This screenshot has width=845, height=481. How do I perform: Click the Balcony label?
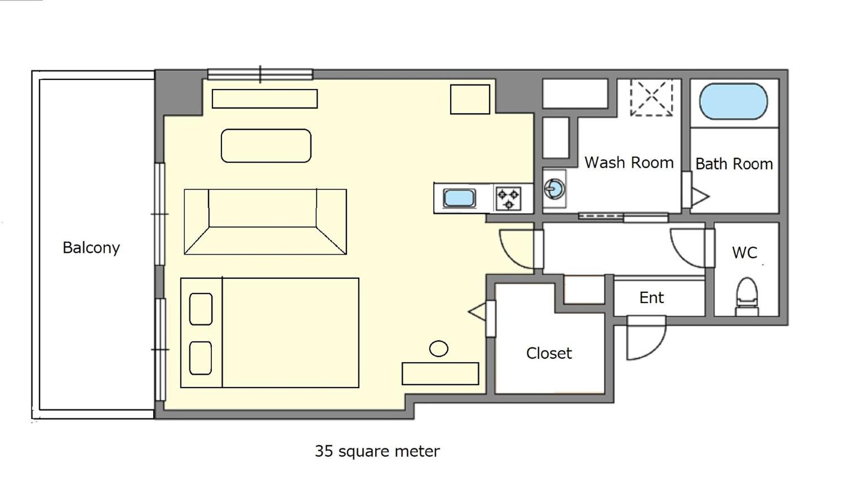91,248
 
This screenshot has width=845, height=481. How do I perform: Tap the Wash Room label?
629,163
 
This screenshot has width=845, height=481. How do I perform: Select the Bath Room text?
734,164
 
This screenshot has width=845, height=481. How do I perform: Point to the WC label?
744,252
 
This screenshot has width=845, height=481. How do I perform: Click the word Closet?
549,353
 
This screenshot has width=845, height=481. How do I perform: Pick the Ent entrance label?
652,297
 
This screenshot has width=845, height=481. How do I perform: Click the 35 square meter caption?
377,451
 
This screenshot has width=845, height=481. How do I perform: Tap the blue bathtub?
733,101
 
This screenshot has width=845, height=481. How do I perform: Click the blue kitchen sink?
459,198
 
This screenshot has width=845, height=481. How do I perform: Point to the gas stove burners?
508,199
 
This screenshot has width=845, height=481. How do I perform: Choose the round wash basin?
554,189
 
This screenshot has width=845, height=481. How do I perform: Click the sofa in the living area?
265,222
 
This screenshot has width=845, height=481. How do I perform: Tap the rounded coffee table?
266,145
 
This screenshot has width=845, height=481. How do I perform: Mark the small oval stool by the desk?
439,348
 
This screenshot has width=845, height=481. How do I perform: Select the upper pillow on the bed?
201,309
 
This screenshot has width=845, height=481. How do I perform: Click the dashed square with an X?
651,98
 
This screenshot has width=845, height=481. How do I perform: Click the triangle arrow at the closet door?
477,312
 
